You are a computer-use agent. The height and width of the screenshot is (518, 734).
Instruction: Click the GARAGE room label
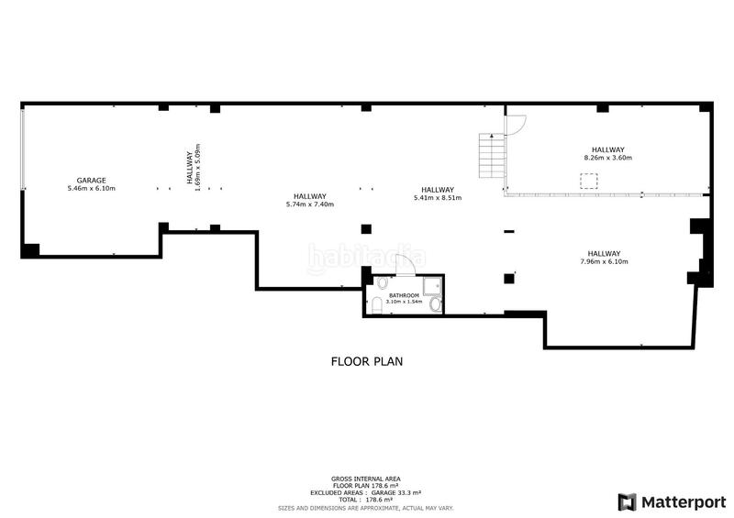click(x=91, y=180)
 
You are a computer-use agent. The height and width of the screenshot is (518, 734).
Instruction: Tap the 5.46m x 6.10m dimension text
click(x=91, y=189)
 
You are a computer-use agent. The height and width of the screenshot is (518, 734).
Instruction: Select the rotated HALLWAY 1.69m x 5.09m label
click(x=194, y=168)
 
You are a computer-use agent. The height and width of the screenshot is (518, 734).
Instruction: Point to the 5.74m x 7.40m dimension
click(x=310, y=204)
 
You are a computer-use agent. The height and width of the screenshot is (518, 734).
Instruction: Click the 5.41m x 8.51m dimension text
click(x=438, y=198)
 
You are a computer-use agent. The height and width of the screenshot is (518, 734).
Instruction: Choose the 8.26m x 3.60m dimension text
click(x=608, y=158)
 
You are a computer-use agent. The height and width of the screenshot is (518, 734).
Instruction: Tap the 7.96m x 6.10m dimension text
click(x=605, y=261)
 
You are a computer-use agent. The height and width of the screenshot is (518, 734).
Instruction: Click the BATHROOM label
click(x=404, y=296)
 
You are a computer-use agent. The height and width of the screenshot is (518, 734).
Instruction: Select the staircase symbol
click(x=492, y=155)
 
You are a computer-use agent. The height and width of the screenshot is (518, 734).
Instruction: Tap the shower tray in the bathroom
click(x=432, y=286)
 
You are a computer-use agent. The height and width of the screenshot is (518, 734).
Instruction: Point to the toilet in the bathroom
click(x=377, y=306)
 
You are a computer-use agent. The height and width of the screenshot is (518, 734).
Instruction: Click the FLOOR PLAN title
click(x=367, y=362)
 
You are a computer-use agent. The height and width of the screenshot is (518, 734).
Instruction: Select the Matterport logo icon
click(x=628, y=502)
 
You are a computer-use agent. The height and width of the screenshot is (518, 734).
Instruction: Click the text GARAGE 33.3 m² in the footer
click(x=396, y=493)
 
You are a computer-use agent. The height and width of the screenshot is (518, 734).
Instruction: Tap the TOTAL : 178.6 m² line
click(x=366, y=500)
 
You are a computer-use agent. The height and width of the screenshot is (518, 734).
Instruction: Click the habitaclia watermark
click(x=366, y=258)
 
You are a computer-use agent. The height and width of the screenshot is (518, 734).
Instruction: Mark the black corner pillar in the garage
click(x=30, y=250)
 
